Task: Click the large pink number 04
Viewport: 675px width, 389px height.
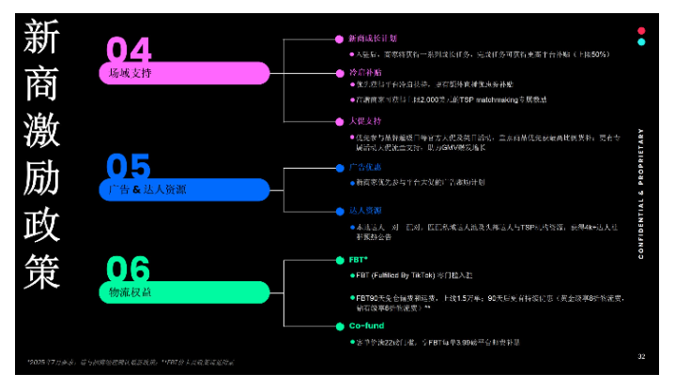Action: point(129,50)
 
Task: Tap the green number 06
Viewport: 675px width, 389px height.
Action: point(129,270)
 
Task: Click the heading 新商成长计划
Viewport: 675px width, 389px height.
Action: point(372,39)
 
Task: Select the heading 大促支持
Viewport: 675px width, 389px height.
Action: point(364,121)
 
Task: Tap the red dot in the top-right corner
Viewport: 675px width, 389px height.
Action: point(641,30)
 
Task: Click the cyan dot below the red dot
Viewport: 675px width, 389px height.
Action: point(641,42)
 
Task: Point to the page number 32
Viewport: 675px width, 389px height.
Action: point(641,356)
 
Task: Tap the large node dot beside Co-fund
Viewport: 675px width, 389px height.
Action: point(340,326)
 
